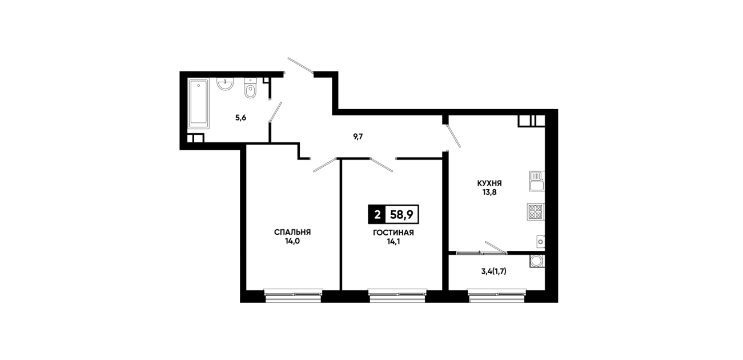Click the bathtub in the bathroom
click(199, 103)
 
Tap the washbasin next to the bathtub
click(225, 83)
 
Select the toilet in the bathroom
click(251, 88)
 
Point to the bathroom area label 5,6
click(241, 118)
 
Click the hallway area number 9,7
click(358, 137)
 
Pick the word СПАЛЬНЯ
click(292, 232)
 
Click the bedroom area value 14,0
click(292, 241)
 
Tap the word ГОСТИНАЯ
click(393, 233)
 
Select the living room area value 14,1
click(393, 242)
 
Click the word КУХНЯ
click(489, 183)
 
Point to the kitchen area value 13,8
click(489, 192)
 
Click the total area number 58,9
click(401, 215)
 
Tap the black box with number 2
click(377, 215)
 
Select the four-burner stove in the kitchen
click(536, 211)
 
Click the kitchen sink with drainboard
click(537, 181)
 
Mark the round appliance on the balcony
click(537, 261)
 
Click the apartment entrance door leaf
click(300, 65)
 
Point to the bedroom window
click(293, 295)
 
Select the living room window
click(397, 295)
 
